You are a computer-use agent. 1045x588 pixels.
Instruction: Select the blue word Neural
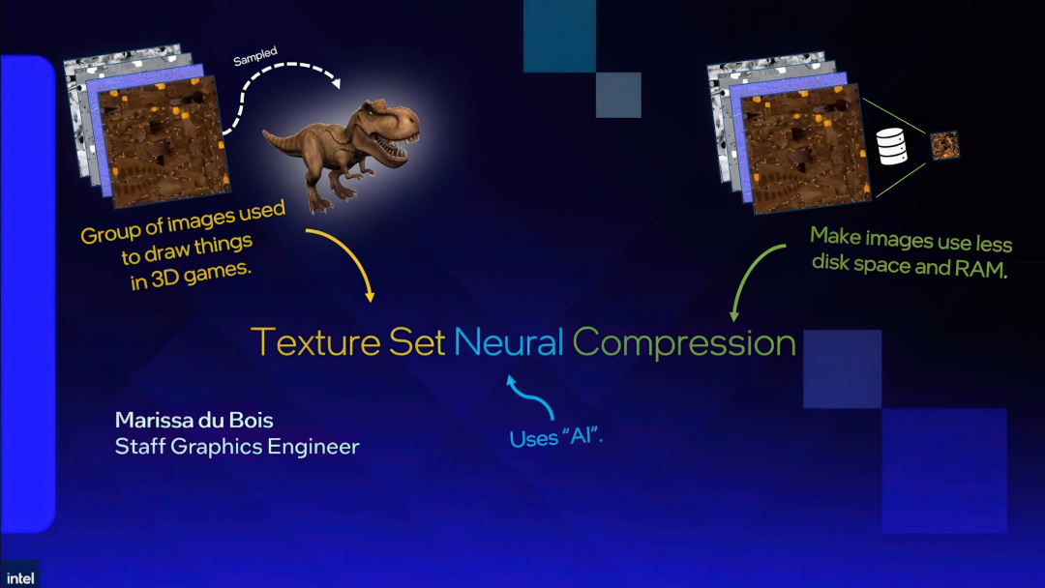pyautogui.click(x=509, y=342)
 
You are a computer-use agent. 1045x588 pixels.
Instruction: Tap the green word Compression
pyautogui.click(x=684, y=343)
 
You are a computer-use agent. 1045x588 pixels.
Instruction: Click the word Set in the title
pyautogui.click(x=418, y=342)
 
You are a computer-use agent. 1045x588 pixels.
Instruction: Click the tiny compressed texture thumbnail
pyautogui.click(x=943, y=146)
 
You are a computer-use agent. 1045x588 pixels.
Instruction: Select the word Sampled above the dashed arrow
pyautogui.click(x=255, y=57)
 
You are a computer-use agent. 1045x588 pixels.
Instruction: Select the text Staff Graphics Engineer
pyautogui.click(x=237, y=447)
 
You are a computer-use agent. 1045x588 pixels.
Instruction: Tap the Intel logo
pyautogui.click(x=19, y=576)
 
